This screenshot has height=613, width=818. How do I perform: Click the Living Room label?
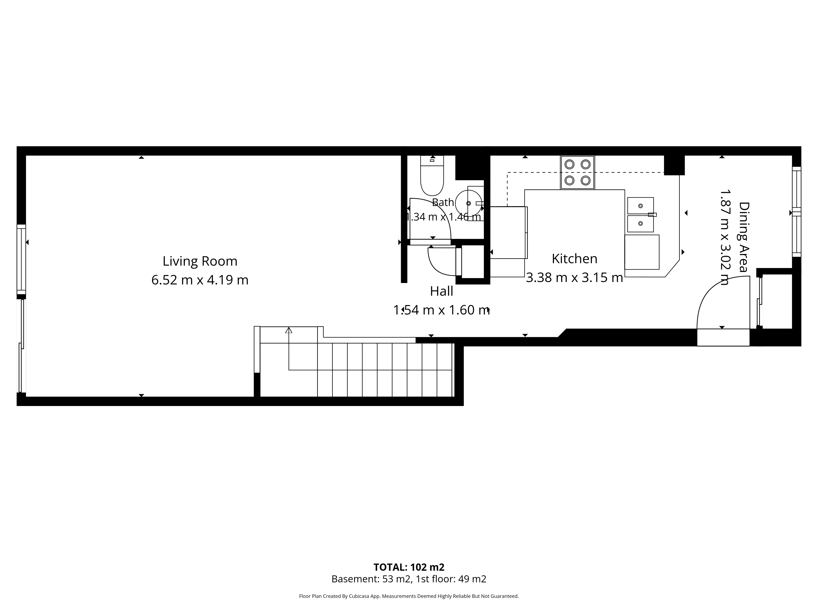pos(200,261)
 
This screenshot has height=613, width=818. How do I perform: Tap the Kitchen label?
pos(574,259)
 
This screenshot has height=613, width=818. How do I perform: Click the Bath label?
pos(443,202)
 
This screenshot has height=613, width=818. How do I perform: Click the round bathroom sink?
pos(469,203)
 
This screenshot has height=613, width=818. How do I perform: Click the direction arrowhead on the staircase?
pos(288,330)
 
